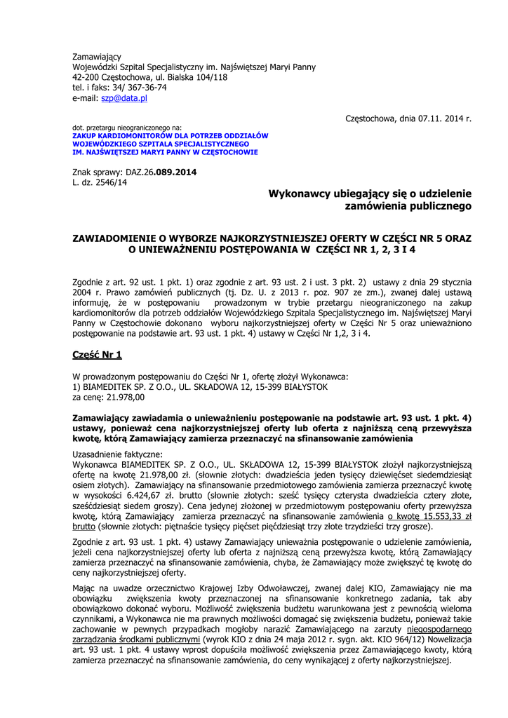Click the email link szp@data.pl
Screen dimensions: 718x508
click(124, 99)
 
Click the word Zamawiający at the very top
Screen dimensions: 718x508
click(97, 56)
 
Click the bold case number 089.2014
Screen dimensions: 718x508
click(175, 172)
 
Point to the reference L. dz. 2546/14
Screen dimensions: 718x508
click(100, 182)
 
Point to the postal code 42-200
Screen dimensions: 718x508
click(87, 77)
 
